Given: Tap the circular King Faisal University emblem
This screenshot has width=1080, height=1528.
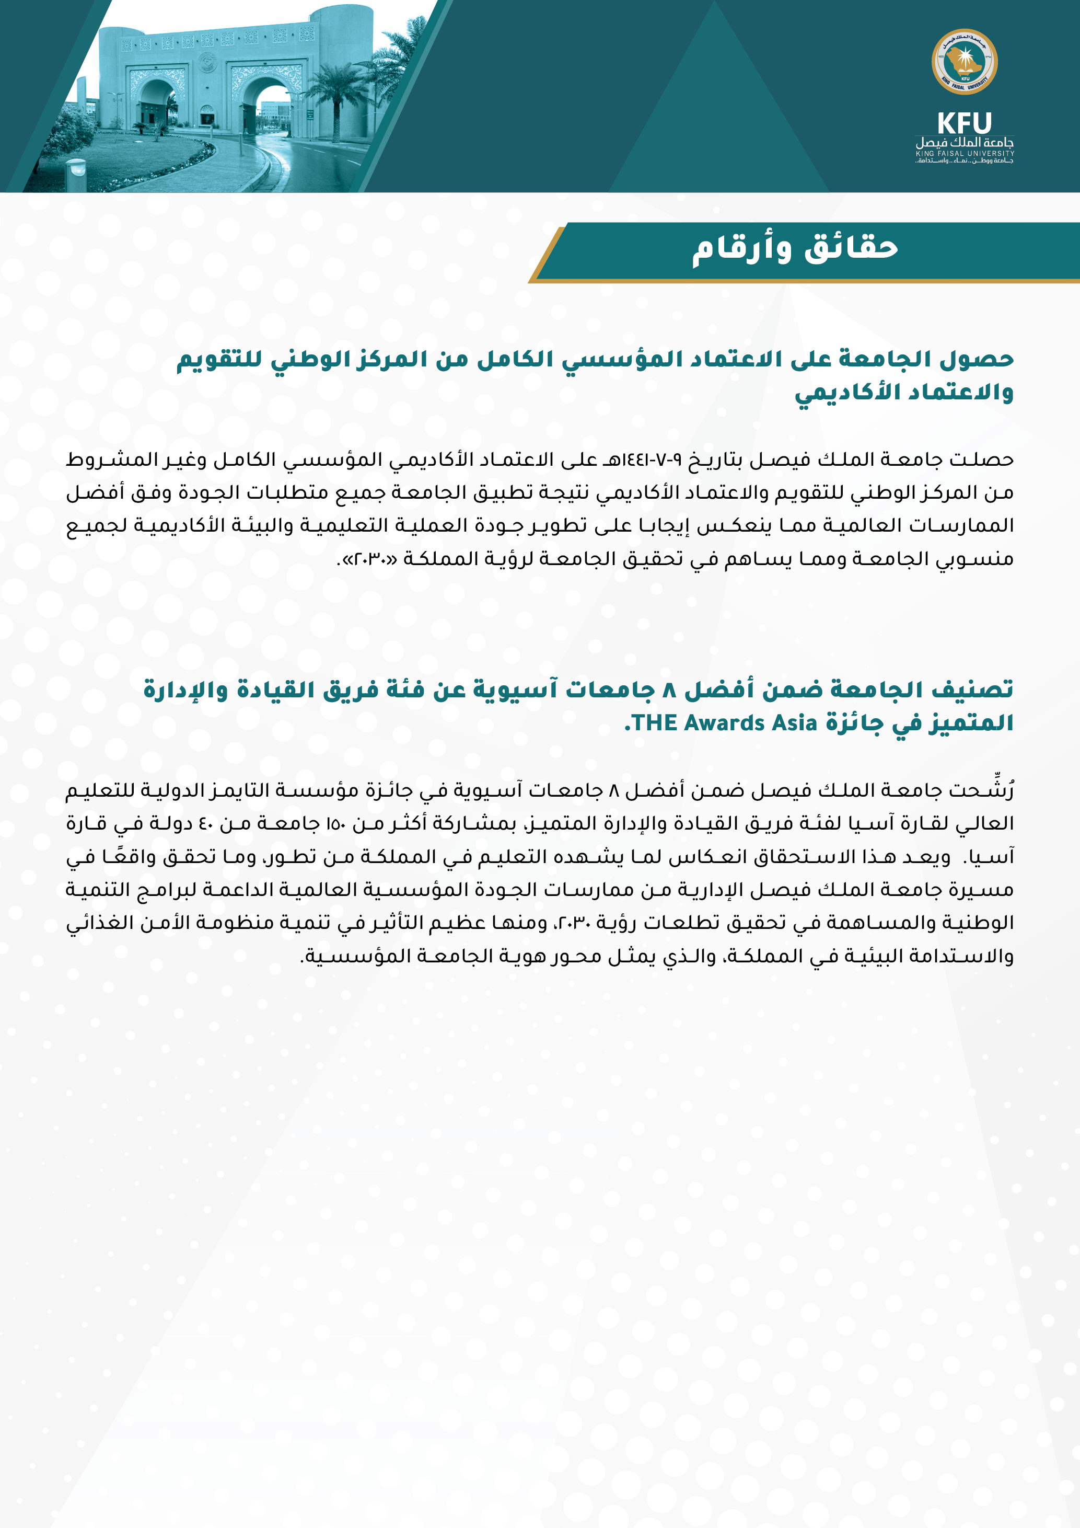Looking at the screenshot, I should (x=965, y=62).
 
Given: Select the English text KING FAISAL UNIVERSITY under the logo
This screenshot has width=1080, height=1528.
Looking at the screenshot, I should (x=965, y=154).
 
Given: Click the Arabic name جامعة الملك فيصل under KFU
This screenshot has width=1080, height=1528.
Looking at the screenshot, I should (x=965, y=142).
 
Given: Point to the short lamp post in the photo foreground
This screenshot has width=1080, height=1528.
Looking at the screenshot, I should (x=76, y=175).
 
